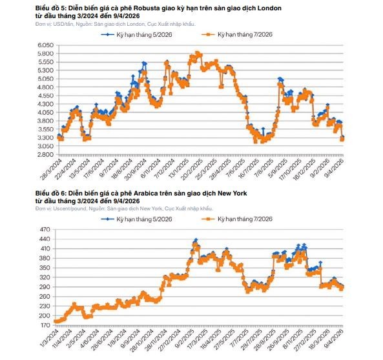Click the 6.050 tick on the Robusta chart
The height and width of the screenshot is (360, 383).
[45, 45]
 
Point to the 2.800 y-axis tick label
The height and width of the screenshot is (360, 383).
[45, 154]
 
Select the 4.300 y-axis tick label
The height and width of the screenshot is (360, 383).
[45, 104]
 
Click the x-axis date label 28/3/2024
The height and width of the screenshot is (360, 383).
[52, 170]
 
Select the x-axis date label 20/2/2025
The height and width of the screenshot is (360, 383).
[192, 170]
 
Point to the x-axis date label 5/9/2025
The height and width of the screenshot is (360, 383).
[278, 168]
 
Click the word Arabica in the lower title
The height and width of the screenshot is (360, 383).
[145, 194]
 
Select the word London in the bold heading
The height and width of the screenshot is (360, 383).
[270, 8]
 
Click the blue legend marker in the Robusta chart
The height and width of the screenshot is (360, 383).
[108, 34]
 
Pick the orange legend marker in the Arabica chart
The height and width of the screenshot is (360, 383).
[209, 219]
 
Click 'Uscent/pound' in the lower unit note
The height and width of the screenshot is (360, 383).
[70, 208]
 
